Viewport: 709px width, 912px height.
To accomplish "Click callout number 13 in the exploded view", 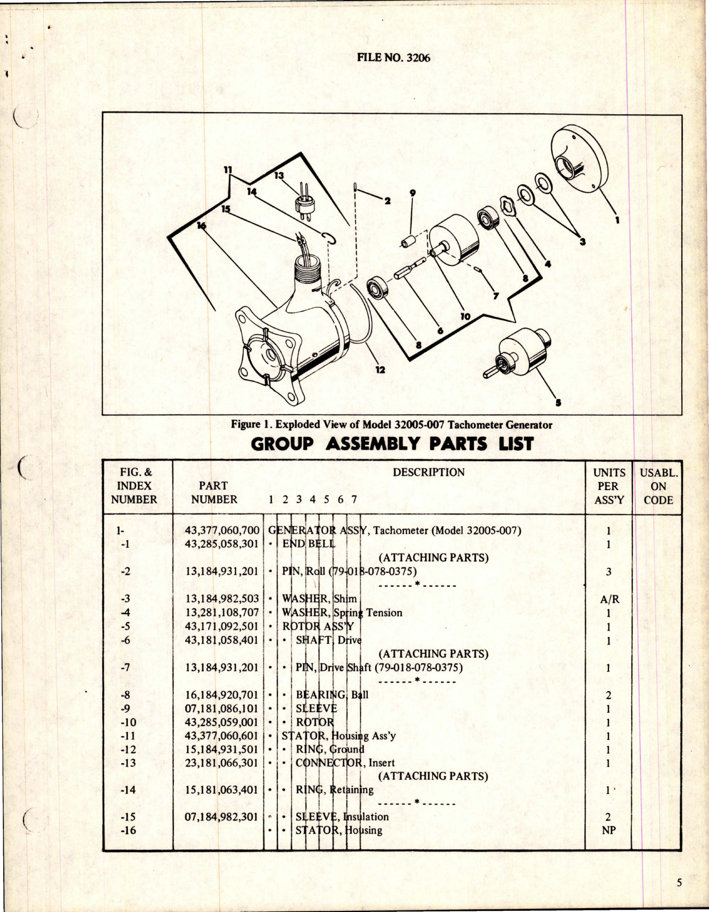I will tap(279, 175).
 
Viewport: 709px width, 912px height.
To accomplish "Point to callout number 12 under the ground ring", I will tap(380, 369).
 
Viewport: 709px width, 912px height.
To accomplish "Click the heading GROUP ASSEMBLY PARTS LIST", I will tap(392, 444).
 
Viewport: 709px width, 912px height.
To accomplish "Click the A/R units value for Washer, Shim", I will tap(608, 599).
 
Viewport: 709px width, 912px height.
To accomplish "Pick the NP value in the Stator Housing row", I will tap(608, 831).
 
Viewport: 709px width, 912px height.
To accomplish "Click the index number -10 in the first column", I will tap(128, 723).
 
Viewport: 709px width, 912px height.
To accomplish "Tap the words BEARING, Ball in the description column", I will tap(332, 695).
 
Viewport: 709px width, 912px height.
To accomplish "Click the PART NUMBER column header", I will tap(214, 492).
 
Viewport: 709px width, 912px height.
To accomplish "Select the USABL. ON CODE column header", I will tap(658, 486).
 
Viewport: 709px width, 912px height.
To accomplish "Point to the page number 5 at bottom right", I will tap(680, 884).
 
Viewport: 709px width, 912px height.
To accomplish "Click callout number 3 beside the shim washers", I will tap(583, 241).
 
